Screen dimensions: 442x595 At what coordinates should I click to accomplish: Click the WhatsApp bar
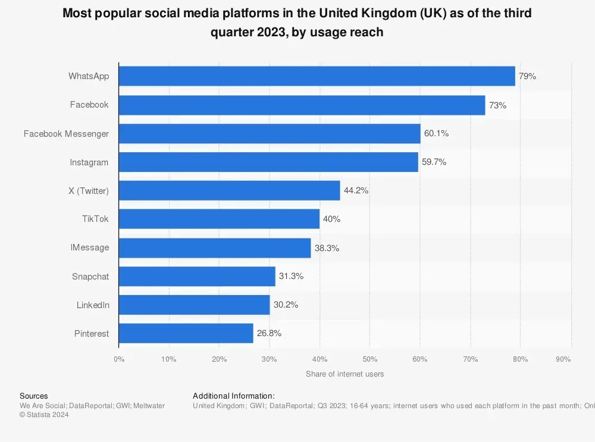[317, 76]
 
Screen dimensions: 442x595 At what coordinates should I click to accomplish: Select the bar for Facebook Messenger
[270, 134]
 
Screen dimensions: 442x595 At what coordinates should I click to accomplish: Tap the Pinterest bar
[186, 333]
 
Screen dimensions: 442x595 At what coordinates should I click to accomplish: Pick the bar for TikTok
[219, 219]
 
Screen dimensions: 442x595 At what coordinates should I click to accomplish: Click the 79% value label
[527, 76]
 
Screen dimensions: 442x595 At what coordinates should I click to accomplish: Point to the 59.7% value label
[434, 162]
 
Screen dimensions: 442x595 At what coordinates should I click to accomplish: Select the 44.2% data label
[356, 190]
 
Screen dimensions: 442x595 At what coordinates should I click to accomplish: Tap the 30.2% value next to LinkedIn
[286, 305]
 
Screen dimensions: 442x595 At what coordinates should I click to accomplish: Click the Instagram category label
[89, 162]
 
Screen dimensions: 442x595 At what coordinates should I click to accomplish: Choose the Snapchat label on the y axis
[90, 277]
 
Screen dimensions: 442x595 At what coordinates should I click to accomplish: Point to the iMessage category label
[90, 247]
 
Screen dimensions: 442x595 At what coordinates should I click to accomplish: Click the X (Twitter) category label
[89, 190]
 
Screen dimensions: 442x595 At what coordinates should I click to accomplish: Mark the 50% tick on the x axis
[369, 359]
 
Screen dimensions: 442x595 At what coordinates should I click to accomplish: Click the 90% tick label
[563, 359]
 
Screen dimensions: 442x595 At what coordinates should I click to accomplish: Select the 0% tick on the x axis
[119, 359]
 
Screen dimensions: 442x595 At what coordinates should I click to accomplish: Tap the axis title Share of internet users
[345, 374]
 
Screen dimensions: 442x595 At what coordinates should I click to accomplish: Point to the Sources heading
[34, 396]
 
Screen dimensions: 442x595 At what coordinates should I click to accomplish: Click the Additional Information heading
[234, 396]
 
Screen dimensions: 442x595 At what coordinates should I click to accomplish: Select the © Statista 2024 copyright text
[44, 415]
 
